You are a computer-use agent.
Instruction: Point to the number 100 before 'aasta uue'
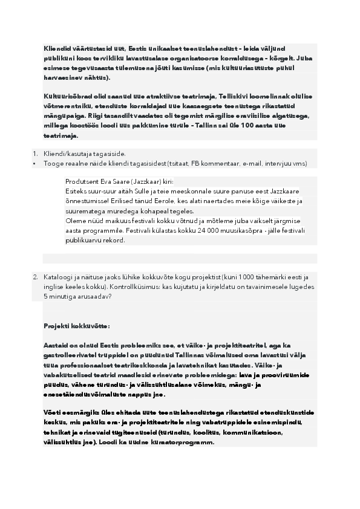pyautogui.click(x=280, y=125)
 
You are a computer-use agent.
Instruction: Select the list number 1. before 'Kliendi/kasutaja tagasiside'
pyautogui.click(x=35, y=154)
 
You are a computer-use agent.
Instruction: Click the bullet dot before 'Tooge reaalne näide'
pyautogui.click(x=34, y=163)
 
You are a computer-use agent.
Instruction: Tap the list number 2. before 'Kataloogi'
pyautogui.click(x=35, y=277)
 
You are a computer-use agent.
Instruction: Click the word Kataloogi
pyautogui.click(x=58, y=277)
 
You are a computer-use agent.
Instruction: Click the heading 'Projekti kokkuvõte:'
pyautogui.click(x=76, y=326)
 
